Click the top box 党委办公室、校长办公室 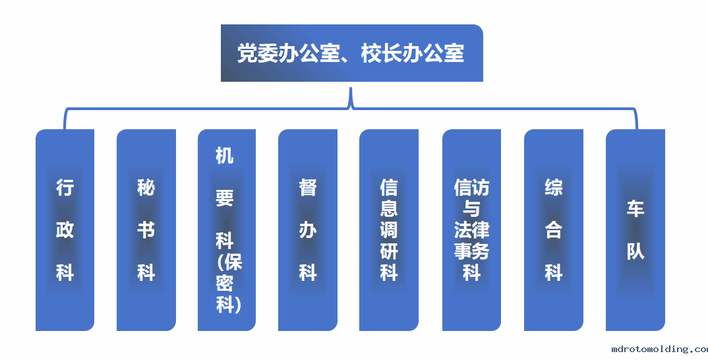(x=352, y=53)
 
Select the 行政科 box (x=65, y=230)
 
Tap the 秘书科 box (x=146, y=230)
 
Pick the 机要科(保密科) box (x=227, y=230)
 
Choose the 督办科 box (x=307, y=230)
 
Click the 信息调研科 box (x=389, y=230)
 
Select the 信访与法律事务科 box (x=471, y=230)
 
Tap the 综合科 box (x=554, y=230)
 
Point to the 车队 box (x=635, y=230)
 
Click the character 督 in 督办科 (x=308, y=187)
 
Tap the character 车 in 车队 (x=635, y=209)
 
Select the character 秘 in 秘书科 (x=146, y=187)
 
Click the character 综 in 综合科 (x=554, y=187)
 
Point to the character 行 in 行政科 (x=65, y=187)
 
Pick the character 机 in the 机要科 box (x=224, y=156)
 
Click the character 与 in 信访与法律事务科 (x=471, y=209)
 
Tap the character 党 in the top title (x=247, y=53)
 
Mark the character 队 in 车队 (x=635, y=251)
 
